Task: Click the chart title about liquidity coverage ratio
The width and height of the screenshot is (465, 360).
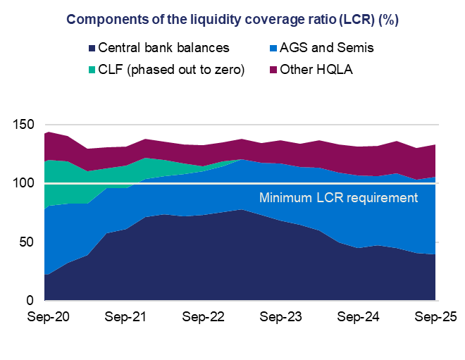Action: [x=232, y=19]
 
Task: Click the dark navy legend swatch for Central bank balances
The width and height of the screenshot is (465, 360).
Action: [x=91, y=48]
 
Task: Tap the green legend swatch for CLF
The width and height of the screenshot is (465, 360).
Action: [x=91, y=70]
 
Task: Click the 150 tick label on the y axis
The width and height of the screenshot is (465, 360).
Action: [x=25, y=125]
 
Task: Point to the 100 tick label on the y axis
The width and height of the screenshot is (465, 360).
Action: [x=25, y=183]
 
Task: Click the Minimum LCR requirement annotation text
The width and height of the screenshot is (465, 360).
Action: [x=339, y=198]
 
